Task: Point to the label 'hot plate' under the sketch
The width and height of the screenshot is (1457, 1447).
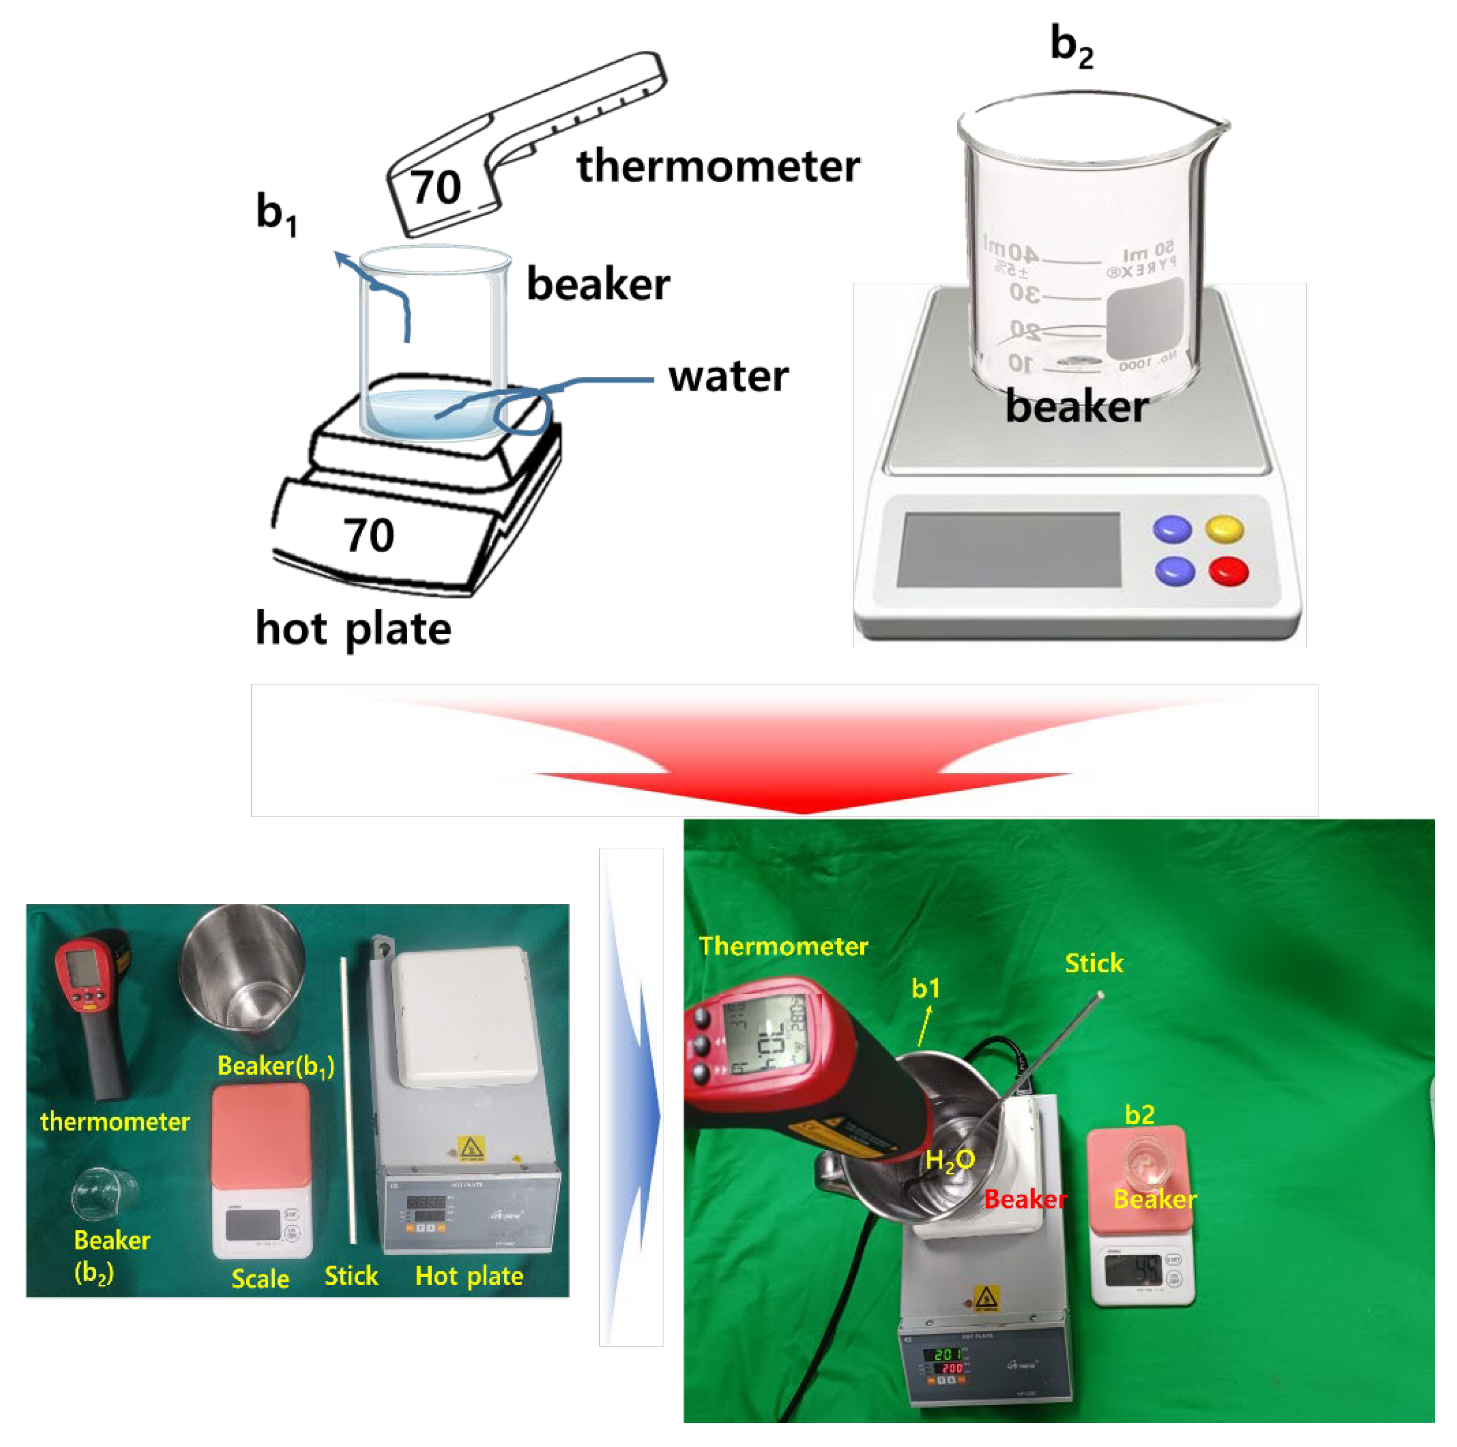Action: [x=353, y=629]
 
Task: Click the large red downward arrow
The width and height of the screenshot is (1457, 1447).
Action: [x=803, y=762]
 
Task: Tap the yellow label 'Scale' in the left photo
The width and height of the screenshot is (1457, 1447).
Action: [x=260, y=1279]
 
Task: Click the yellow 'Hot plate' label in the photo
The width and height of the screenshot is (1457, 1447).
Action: [x=469, y=1276]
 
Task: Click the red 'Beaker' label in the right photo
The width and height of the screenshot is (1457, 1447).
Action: [x=1026, y=1200]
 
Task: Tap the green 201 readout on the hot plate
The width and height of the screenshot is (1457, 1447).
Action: [x=948, y=1354]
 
